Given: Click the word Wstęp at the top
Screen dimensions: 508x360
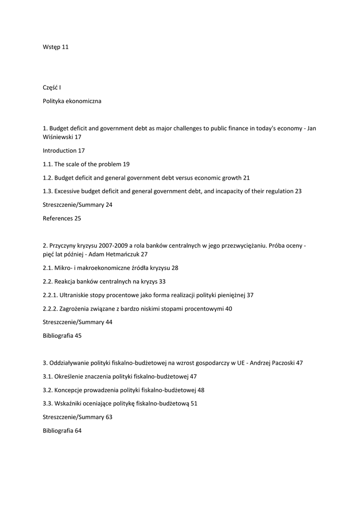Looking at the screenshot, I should (x=52, y=47).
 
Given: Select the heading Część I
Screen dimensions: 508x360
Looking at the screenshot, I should (x=52, y=88).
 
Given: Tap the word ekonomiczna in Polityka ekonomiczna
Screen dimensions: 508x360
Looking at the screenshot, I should (x=83, y=101).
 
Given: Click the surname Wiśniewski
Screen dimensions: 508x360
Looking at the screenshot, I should (x=58, y=137).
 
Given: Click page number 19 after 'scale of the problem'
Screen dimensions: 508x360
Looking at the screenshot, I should (x=126, y=164).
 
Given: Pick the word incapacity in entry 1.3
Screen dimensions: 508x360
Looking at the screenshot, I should (x=223, y=191).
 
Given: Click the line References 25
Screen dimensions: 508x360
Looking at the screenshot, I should (x=62, y=218).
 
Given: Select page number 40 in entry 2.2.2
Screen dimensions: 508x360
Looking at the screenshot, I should (x=228, y=309).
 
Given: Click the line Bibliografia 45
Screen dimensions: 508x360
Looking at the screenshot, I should (x=63, y=336).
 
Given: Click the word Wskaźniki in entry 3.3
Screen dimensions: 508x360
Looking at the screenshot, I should (x=70, y=404).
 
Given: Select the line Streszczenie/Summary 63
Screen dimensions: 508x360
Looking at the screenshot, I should (x=77, y=417).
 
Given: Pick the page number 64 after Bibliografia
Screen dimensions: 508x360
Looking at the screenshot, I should (x=78, y=431).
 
